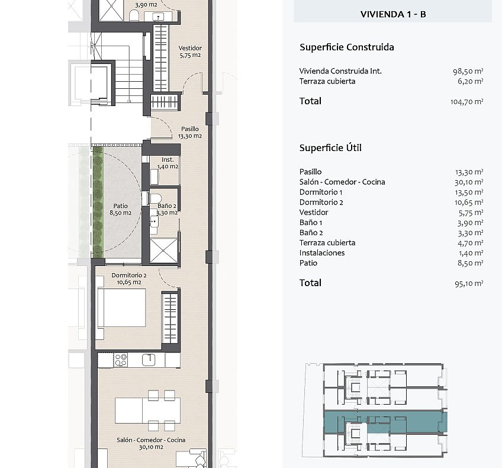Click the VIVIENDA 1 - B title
tap(393, 14)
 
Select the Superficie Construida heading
tap(347, 47)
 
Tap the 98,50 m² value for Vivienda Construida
tap(468, 71)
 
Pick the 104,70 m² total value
tap(466, 101)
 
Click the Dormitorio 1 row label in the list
tap(321, 192)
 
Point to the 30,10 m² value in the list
tap(469, 182)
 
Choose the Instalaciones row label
tap(322, 253)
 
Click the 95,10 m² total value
tap(469, 284)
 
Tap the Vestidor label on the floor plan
tap(190, 48)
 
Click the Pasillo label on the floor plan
tap(190, 129)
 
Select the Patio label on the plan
tap(120, 206)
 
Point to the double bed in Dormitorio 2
tap(122, 307)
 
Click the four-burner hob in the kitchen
tap(121, 360)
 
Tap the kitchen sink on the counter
tap(149, 359)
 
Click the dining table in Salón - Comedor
tap(147, 411)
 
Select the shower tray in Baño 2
tap(163, 251)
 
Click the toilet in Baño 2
tap(155, 198)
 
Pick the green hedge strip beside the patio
tap(98, 202)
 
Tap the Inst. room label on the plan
tap(168, 159)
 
